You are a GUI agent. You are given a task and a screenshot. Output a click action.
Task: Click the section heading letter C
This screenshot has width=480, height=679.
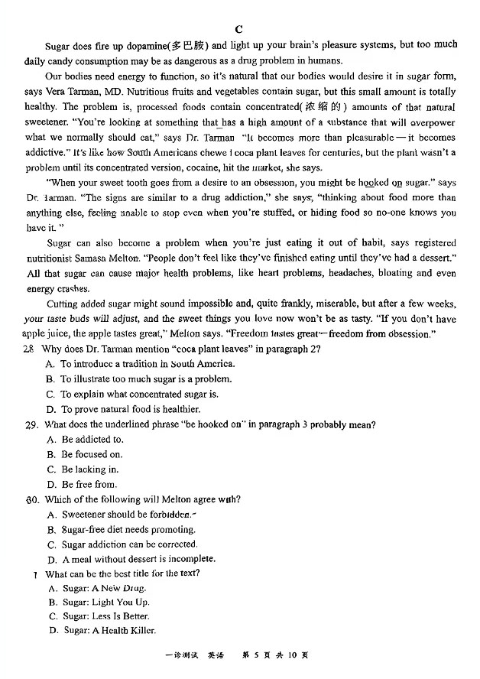(x=238, y=29)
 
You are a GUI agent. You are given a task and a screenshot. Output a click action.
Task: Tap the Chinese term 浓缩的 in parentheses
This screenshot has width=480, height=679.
(x=325, y=107)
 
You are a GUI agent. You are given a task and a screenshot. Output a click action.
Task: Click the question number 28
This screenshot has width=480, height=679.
(x=29, y=349)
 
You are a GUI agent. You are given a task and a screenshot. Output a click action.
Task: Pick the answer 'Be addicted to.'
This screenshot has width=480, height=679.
(x=86, y=440)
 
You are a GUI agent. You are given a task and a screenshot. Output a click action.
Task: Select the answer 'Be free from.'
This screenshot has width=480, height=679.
(x=83, y=484)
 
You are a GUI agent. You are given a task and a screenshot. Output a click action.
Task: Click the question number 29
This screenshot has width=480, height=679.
(x=31, y=424)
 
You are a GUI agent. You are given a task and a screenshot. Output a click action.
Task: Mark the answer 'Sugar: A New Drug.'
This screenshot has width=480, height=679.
(x=98, y=588)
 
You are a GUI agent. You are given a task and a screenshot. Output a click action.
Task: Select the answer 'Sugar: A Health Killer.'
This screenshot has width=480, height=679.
(x=102, y=630)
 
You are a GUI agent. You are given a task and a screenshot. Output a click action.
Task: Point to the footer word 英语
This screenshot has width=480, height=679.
(x=218, y=655)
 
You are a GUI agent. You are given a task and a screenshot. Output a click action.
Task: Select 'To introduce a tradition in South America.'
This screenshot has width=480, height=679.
(x=143, y=364)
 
